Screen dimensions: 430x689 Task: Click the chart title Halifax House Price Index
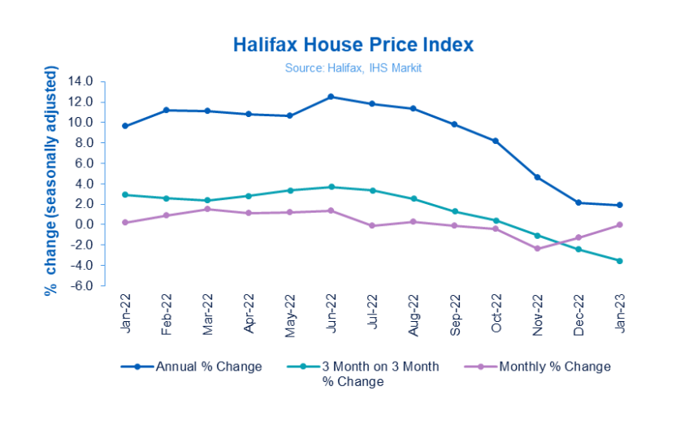[x=353, y=44]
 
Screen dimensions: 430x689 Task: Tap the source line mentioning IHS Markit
[x=353, y=68]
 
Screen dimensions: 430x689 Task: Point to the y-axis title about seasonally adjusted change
[x=50, y=183]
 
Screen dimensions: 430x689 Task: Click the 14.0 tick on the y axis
[x=83, y=81]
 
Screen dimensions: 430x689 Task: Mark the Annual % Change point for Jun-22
[x=331, y=97]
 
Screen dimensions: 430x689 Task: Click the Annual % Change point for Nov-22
[x=538, y=177]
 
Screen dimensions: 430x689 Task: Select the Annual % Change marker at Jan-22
[x=124, y=126]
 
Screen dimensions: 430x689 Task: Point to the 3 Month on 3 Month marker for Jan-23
[x=621, y=261]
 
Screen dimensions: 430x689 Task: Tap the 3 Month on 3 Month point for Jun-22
[x=331, y=187]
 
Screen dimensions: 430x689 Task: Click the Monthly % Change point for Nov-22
[x=538, y=249]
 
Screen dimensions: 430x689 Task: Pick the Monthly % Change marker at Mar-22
[x=207, y=209]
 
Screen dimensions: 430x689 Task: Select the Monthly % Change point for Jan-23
[x=621, y=225]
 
